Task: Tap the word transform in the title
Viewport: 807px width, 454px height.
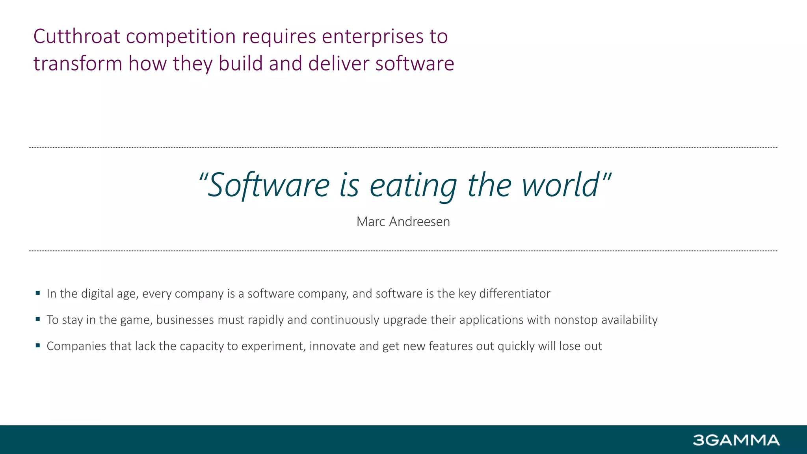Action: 78,64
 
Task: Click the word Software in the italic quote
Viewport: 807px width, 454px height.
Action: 268,185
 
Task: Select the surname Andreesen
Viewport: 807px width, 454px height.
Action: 419,222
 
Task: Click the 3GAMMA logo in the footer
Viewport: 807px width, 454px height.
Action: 736,440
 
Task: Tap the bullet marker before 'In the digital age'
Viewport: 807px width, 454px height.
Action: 38,293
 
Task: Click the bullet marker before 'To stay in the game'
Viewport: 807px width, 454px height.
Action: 38,319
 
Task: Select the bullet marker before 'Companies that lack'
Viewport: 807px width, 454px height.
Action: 38,345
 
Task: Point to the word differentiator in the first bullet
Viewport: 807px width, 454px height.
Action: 515,294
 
